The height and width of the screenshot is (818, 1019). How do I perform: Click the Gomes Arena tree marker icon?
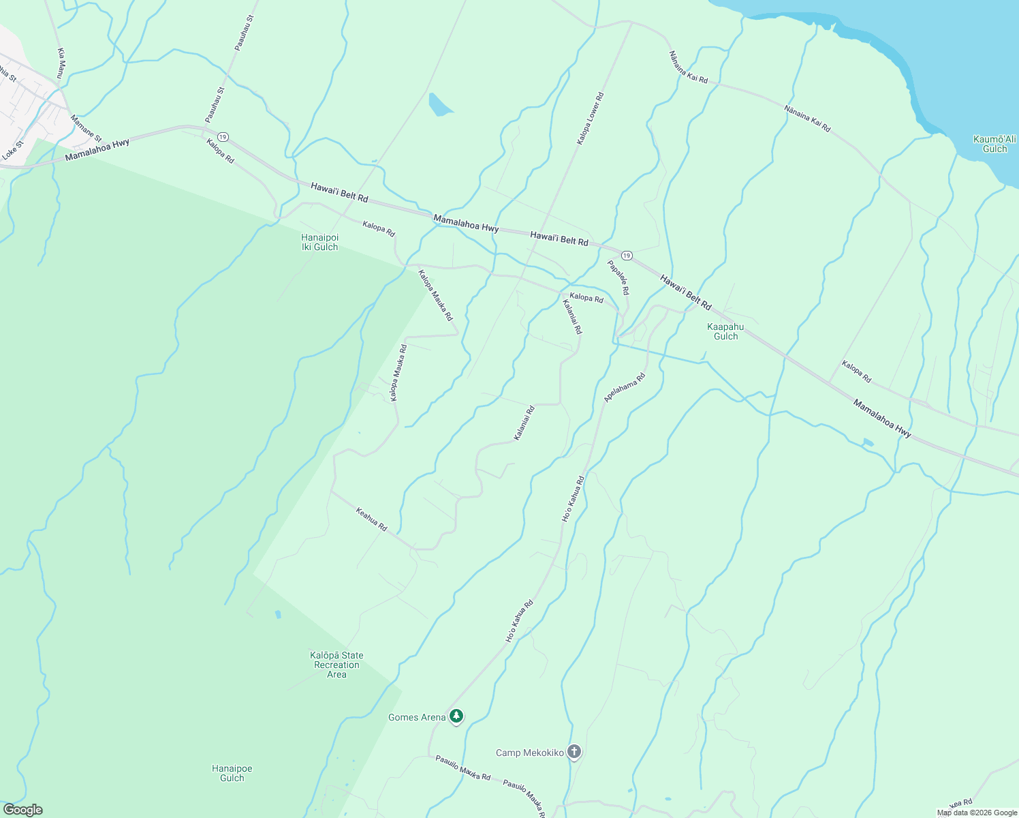456,716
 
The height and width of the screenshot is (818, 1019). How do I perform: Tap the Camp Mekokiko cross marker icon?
574,752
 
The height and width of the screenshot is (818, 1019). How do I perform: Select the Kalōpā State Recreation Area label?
336,665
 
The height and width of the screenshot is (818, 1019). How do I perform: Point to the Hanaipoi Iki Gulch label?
319,242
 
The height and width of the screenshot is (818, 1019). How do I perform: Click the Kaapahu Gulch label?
725,331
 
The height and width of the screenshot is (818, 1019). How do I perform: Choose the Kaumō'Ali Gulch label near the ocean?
994,144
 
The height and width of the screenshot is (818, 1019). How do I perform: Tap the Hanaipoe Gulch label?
232,773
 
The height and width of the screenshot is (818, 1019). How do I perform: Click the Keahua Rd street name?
371,519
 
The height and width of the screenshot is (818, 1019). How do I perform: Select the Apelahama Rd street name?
625,387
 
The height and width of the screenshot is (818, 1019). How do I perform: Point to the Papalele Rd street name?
618,277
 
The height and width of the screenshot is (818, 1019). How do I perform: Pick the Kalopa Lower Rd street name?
590,119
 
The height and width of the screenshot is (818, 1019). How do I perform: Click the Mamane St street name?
86,128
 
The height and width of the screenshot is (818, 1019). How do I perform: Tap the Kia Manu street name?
62,62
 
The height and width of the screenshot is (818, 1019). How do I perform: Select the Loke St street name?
12,150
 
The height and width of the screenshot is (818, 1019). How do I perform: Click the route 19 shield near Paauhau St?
223,136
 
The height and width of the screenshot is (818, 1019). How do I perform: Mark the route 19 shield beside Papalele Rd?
627,256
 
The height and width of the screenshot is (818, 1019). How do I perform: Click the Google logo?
22,810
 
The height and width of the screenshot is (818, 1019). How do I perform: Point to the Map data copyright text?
977,813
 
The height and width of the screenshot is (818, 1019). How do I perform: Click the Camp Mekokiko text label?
529,753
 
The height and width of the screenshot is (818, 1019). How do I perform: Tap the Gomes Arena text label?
417,717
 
